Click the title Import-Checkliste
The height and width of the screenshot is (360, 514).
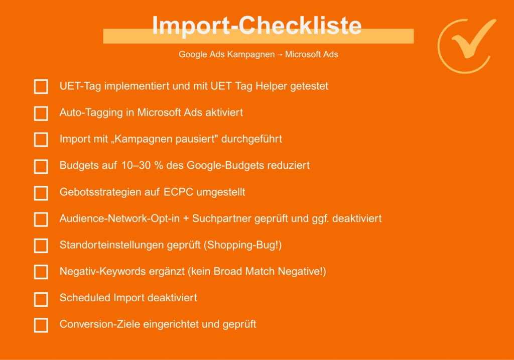[x=256, y=25]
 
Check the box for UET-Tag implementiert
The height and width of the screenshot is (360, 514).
[x=41, y=86]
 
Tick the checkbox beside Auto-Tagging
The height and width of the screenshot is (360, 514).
[x=41, y=113]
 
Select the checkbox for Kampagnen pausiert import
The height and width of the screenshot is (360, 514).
[x=41, y=140]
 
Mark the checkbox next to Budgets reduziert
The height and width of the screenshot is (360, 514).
[x=41, y=166]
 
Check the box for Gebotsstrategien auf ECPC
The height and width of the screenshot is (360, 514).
[x=41, y=193]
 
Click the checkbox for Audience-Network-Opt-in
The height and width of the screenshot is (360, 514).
[x=41, y=219]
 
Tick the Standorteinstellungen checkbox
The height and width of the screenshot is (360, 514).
[x=41, y=246]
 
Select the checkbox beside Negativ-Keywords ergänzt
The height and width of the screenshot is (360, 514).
[x=41, y=272]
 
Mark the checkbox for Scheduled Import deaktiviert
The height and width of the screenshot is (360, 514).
[x=41, y=299]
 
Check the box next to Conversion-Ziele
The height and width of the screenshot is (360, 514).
[x=41, y=325]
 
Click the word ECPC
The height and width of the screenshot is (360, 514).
[x=178, y=192]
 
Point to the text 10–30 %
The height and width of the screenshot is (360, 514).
[x=142, y=165]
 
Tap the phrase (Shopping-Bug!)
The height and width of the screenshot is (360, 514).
[x=242, y=245]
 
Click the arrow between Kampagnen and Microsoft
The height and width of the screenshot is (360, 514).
[x=280, y=55]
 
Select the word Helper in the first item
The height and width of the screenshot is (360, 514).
[x=271, y=86]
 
